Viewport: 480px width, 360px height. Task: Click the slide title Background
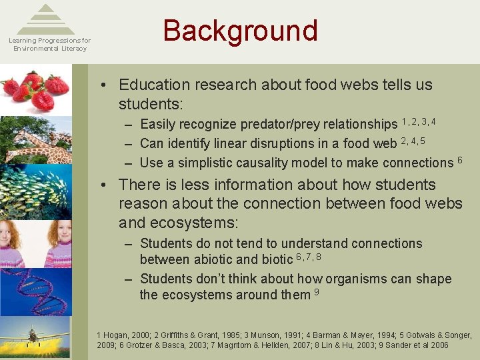click(240, 31)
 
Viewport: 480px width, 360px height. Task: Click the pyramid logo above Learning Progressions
click(45, 19)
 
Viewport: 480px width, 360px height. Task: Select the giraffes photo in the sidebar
click(36, 139)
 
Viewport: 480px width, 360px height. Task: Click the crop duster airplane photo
click(36, 337)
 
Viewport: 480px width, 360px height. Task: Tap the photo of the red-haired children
click(36, 243)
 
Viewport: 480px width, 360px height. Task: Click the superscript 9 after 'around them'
click(317, 291)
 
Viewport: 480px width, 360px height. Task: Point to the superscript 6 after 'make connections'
click(459, 159)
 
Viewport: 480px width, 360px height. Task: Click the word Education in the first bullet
click(156, 85)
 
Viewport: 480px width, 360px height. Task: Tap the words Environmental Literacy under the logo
click(50, 49)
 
